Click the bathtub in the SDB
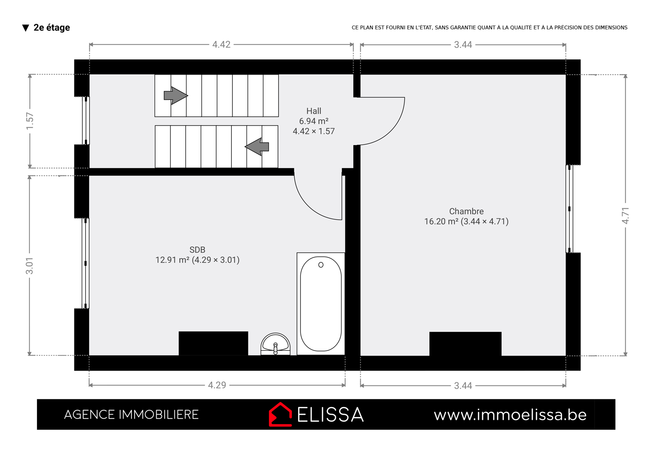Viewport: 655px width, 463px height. click(x=321, y=304)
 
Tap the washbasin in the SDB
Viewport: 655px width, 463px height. click(x=275, y=344)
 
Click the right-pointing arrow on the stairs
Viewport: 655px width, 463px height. click(x=176, y=95)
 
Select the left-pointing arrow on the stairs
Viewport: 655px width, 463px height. click(x=257, y=147)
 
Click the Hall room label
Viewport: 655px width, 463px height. click(x=314, y=111)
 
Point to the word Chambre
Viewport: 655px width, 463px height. click(x=466, y=211)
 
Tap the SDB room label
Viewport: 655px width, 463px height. click(x=198, y=250)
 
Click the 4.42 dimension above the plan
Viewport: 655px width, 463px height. click(x=221, y=44)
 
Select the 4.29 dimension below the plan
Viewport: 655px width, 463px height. click(x=217, y=385)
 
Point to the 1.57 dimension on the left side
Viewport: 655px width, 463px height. click(x=30, y=121)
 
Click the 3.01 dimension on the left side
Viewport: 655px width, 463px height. click(x=30, y=265)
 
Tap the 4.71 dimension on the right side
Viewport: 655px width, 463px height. click(x=625, y=216)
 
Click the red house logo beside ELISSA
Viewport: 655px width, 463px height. click(x=280, y=414)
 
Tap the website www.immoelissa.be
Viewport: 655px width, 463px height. click(x=510, y=415)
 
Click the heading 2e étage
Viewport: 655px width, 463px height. click(x=52, y=27)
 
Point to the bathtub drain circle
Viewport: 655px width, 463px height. click(x=321, y=265)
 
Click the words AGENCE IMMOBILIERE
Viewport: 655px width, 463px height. click(x=131, y=414)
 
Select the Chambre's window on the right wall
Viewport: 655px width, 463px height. click(x=569, y=209)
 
